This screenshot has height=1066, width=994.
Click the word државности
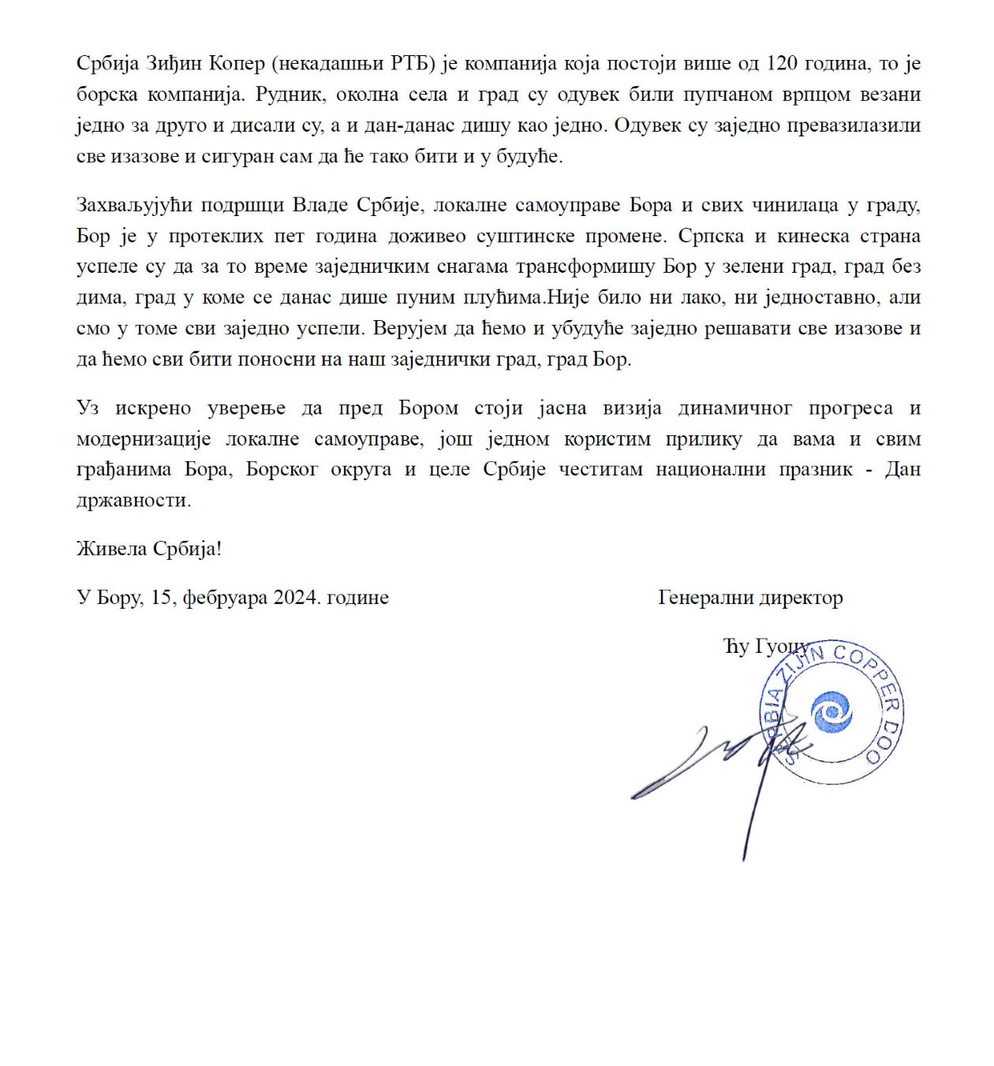[133, 501]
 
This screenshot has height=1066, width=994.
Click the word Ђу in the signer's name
[736, 647]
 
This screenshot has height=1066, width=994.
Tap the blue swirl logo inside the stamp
[831, 711]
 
